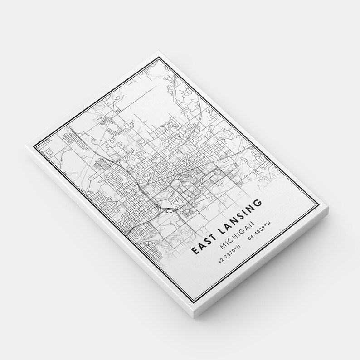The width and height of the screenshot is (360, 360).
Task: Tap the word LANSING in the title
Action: (240, 217)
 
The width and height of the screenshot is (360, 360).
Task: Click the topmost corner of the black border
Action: (160, 58)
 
